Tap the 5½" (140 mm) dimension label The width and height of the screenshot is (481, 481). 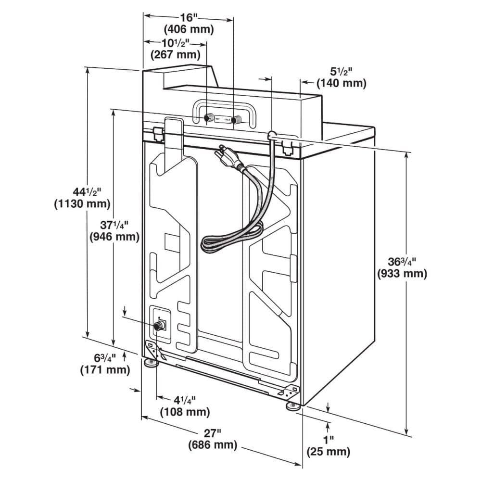coord(341,77)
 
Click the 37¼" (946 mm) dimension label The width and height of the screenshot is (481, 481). coord(114,230)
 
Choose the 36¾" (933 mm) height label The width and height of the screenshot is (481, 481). coord(402,268)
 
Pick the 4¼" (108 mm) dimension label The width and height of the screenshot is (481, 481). coord(185,405)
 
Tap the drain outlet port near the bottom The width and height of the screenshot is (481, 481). coord(158,326)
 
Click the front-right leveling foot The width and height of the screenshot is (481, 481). coord(292,406)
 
